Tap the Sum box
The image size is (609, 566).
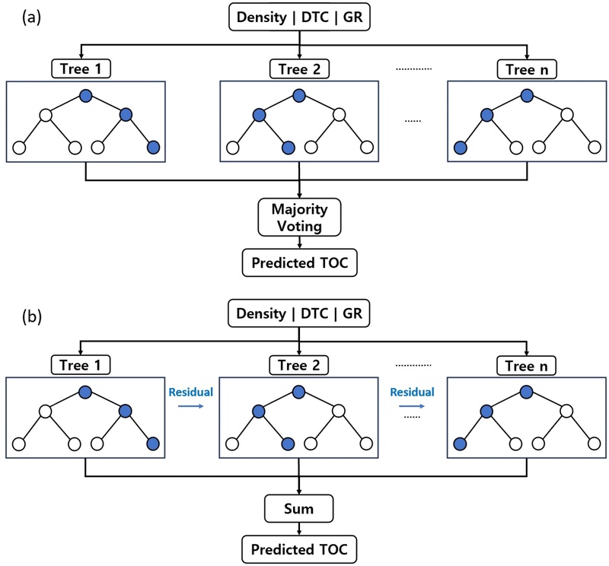click(x=299, y=506)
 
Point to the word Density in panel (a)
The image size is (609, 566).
click(x=263, y=17)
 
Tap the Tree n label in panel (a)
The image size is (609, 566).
click(x=528, y=71)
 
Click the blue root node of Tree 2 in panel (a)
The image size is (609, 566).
click(x=299, y=95)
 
